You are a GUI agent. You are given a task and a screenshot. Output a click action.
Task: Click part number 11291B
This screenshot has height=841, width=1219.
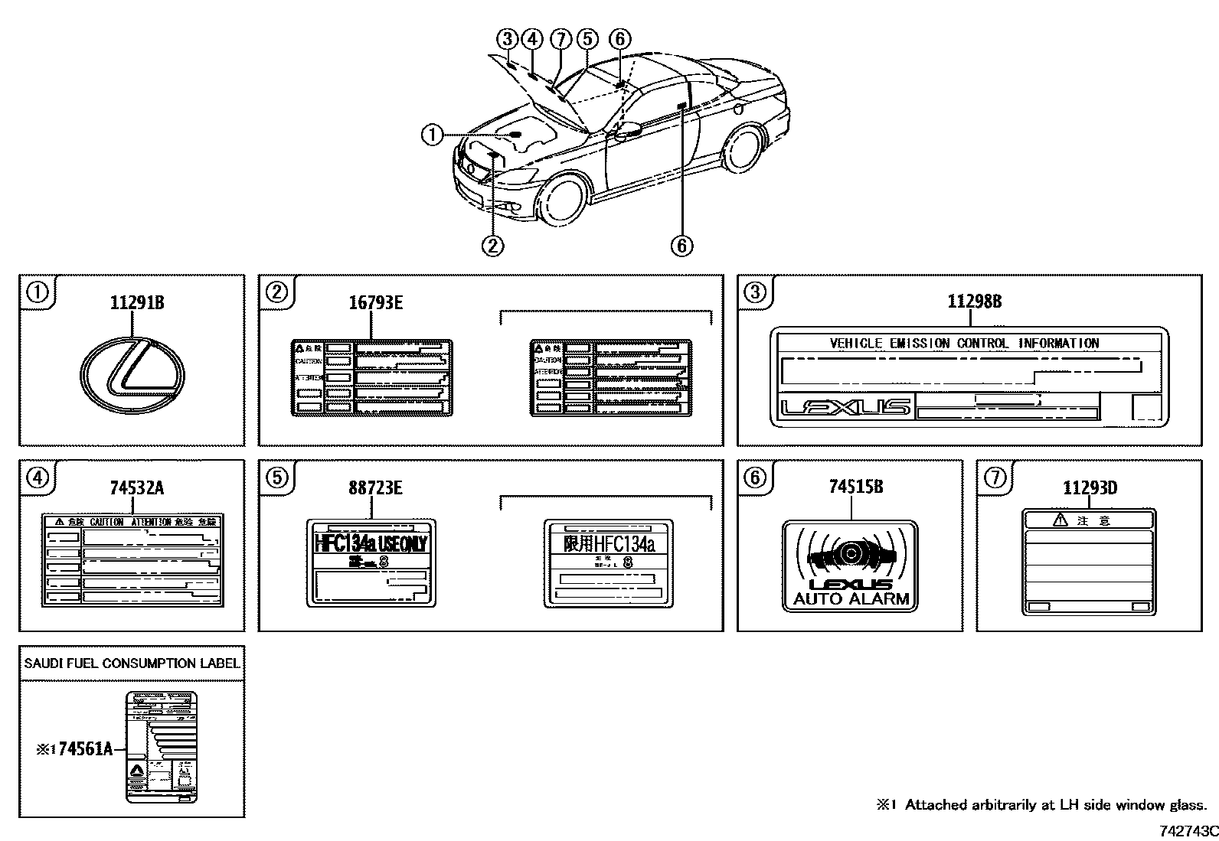tap(136, 302)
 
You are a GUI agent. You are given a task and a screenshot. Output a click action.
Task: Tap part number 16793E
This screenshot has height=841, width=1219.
tap(375, 302)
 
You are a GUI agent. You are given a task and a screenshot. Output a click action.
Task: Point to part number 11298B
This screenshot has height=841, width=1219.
tap(974, 302)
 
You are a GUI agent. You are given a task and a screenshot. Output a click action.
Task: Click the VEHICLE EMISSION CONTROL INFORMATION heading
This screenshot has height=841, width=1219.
tap(964, 344)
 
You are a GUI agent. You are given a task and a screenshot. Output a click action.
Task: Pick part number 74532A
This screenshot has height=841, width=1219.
tap(136, 487)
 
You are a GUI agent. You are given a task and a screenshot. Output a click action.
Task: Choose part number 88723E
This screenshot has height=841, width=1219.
tap(375, 487)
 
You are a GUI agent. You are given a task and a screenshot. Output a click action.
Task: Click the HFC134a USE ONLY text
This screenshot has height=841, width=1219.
tap(371, 544)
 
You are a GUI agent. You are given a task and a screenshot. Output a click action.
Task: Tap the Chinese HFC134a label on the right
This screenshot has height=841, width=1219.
tap(609, 563)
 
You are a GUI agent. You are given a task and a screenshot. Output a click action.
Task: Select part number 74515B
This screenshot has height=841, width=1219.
tap(855, 487)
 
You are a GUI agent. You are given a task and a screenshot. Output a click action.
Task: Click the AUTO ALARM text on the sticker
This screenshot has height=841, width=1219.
tap(851, 598)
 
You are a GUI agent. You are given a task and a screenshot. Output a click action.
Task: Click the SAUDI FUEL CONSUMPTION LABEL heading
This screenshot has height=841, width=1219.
tap(132, 663)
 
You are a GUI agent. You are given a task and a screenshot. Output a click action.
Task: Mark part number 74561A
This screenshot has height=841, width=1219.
tap(85, 749)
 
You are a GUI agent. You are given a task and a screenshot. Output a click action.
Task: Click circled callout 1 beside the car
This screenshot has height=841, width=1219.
tap(432, 135)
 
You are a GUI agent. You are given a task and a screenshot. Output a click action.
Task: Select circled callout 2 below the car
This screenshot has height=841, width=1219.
tap(492, 245)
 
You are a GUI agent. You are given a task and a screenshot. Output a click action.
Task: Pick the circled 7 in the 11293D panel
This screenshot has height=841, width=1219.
tap(994, 478)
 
